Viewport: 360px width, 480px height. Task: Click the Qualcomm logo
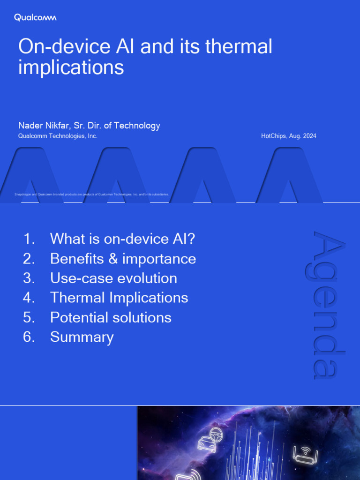(x=35, y=18)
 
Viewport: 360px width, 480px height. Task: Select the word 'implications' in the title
(x=71, y=67)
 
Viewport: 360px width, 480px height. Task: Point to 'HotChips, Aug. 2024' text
(x=288, y=136)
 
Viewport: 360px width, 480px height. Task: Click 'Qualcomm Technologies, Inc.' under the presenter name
(x=58, y=136)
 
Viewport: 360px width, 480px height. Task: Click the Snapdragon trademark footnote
(x=92, y=194)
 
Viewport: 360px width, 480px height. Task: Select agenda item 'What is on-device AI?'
(x=122, y=239)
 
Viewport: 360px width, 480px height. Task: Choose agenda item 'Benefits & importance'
(x=123, y=258)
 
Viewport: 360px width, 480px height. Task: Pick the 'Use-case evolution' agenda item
(x=113, y=278)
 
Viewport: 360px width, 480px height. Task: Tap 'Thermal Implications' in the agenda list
(x=119, y=298)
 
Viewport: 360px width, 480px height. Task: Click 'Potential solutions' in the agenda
(x=111, y=317)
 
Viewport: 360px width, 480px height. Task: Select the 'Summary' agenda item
(x=82, y=337)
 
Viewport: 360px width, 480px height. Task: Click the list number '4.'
(x=29, y=298)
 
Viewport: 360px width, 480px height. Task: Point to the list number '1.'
(x=29, y=239)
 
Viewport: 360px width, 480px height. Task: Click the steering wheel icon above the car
(x=216, y=432)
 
